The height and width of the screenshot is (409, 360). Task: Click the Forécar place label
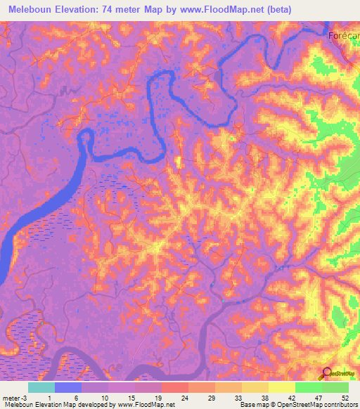point(345,36)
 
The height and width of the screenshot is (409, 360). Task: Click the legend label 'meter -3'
point(13,398)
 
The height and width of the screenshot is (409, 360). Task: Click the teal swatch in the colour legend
point(41,387)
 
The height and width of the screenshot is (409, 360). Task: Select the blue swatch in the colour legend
point(68,387)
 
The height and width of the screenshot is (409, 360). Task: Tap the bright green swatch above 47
point(308,387)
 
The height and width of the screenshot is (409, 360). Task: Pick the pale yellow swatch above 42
point(281,387)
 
